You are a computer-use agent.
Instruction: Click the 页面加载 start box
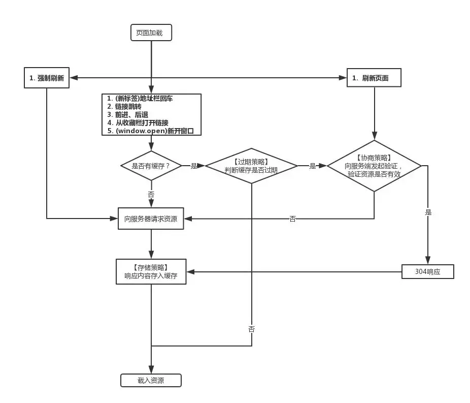151,33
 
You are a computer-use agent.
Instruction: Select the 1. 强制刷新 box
47,78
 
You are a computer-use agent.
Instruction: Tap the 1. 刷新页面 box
374,78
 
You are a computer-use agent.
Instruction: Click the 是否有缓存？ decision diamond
151,166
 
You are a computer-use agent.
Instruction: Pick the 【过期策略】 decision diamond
251,166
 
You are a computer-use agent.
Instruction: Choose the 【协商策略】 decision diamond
374,166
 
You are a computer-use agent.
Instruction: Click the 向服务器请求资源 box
151,219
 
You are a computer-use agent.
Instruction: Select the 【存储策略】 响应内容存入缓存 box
151,272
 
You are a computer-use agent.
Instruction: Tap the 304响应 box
427,272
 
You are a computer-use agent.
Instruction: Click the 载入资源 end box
151,380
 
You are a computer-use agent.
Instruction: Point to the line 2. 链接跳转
124,107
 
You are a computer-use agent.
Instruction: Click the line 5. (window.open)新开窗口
151,131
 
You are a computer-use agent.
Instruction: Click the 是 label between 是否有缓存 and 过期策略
194,166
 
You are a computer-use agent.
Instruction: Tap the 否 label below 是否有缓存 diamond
151,195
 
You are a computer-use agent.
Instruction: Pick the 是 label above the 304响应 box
428,212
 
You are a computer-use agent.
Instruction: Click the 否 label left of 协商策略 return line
293,219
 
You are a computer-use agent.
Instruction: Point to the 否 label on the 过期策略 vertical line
252,329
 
